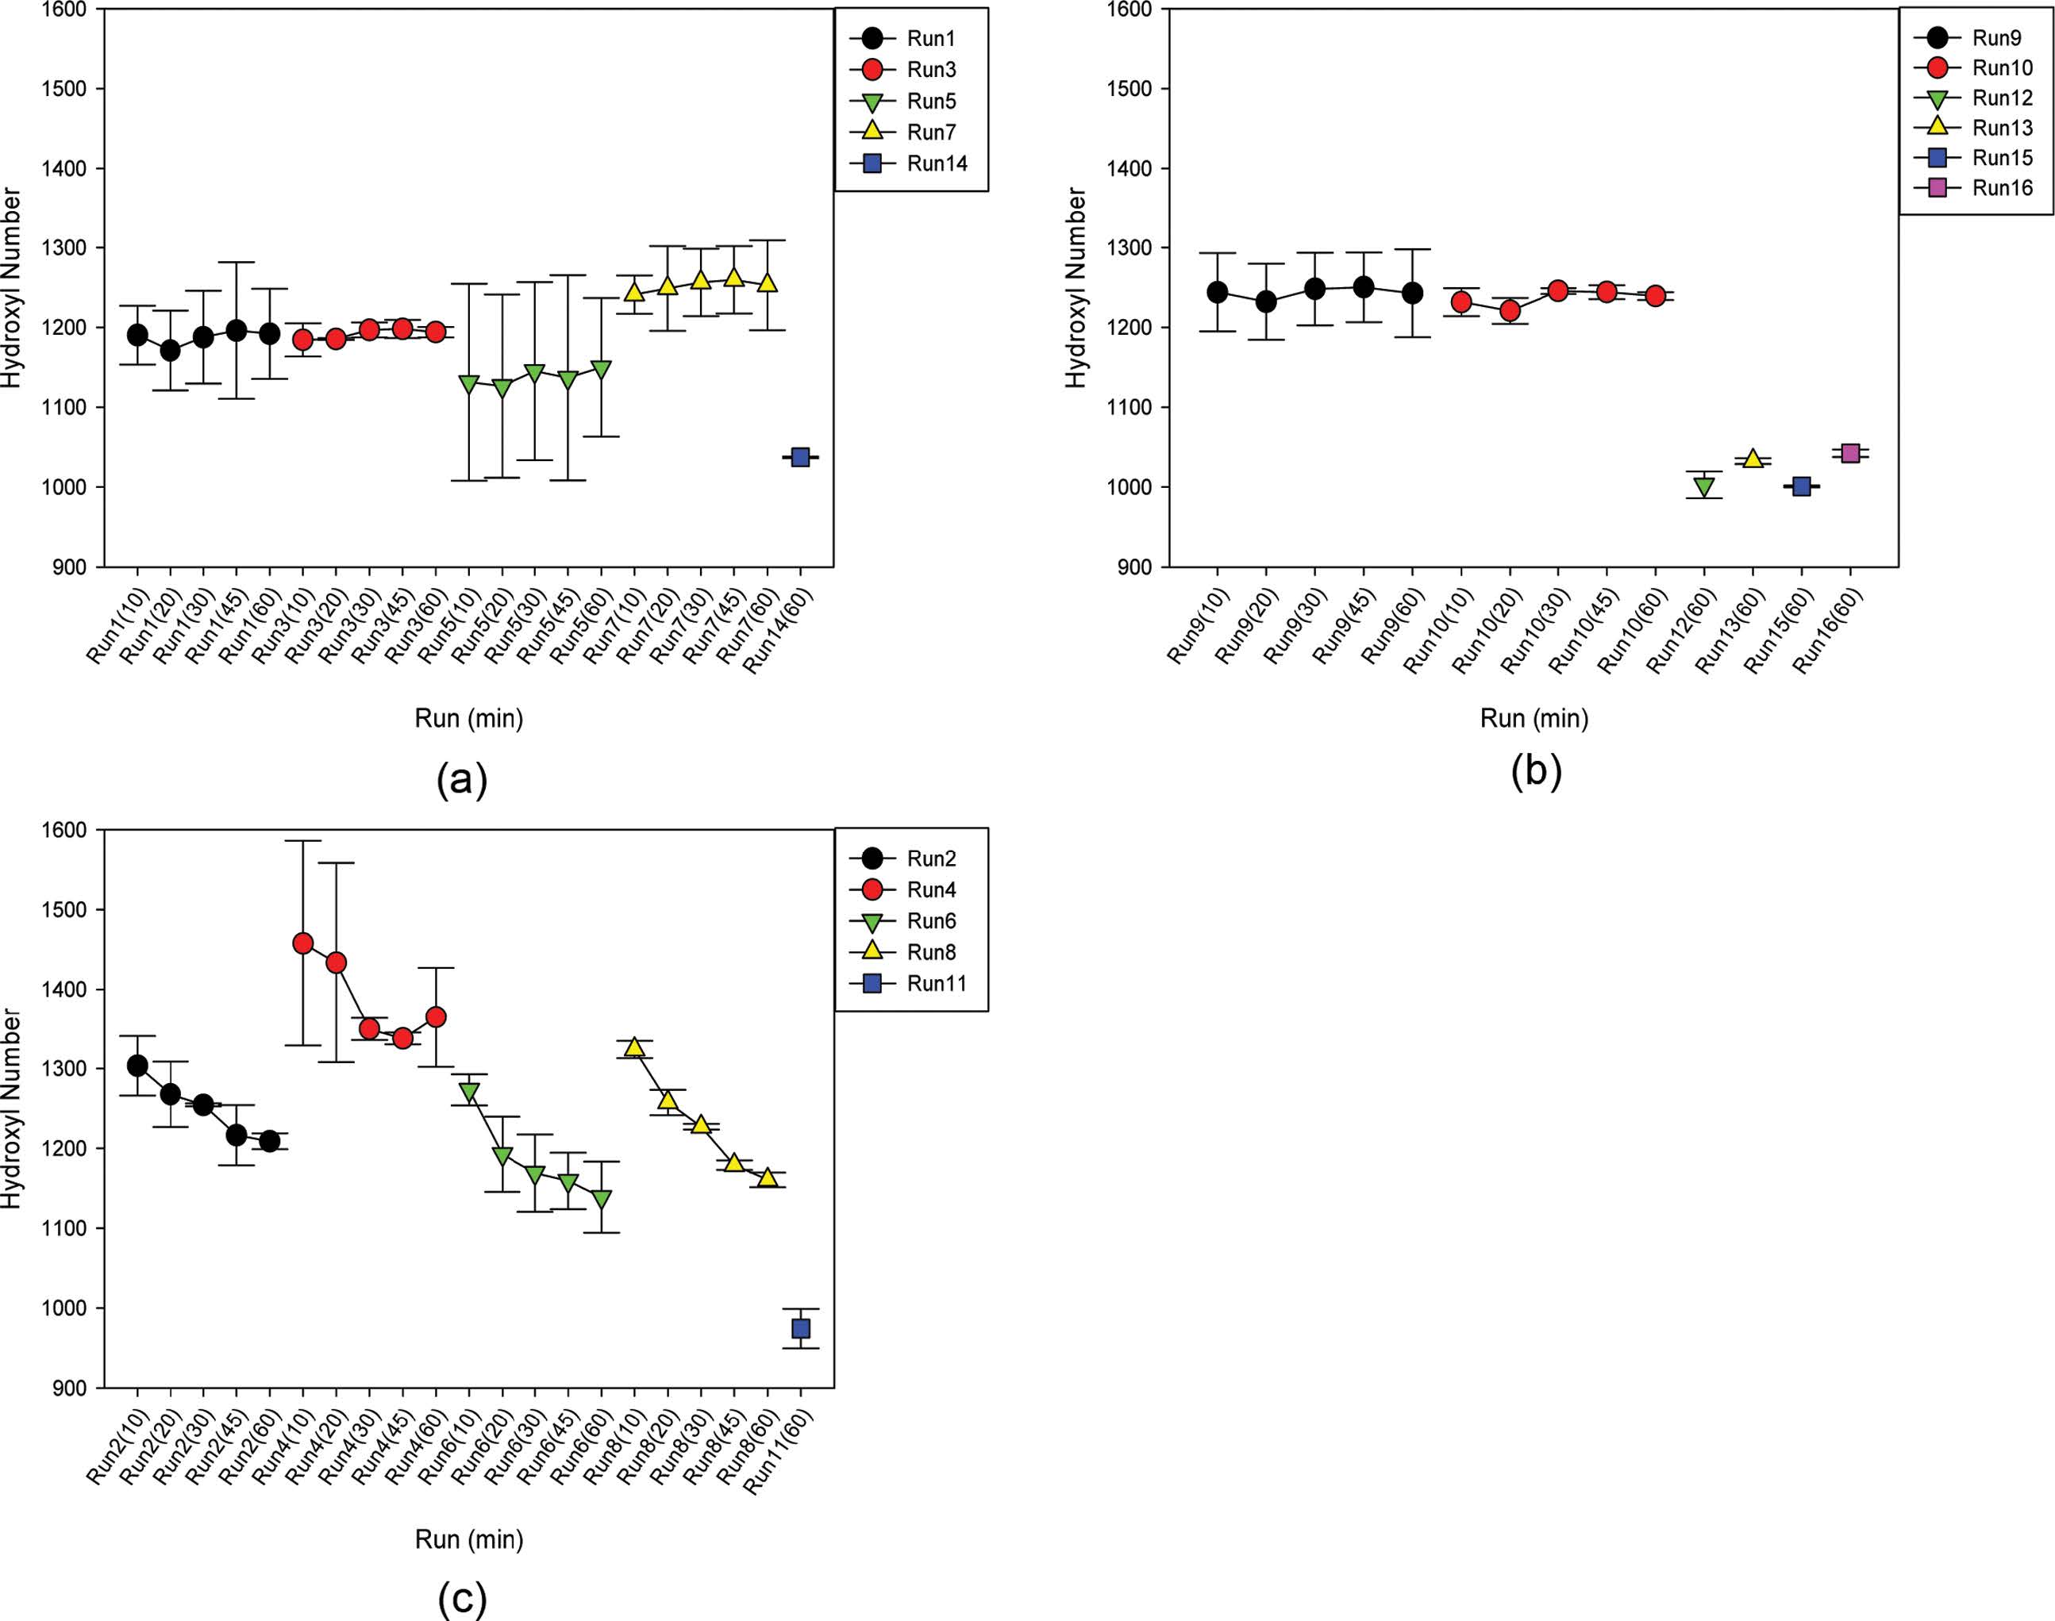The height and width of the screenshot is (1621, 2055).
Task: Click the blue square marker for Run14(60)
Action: pyautogui.click(x=800, y=458)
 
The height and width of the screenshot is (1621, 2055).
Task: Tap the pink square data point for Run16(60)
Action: pyautogui.click(x=1850, y=453)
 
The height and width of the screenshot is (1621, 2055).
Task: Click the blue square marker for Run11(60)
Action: pyautogui.click(x=800, y=1329)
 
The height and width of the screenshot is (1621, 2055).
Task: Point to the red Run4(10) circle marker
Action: pyautogui.click(x=302, y=943)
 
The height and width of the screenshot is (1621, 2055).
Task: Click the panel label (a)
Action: pyautogui.click(x=462, y=779)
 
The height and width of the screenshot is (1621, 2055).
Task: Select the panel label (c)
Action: pyautogui.click(x=462, y=1598)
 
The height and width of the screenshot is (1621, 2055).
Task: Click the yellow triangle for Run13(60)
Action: pyautogui.click(x=1753, y=459)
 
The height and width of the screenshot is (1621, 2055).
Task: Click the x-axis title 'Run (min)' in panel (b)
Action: pyautogui.click(x=1534, y=718)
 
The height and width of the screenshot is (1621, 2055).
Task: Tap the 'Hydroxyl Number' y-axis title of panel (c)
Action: pyautogui.click(x=11, y=1108)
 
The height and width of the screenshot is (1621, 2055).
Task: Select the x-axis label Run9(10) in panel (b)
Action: pyautogui.click(x=1199, y=625)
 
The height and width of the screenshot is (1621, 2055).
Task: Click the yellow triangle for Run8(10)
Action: pyautogui.click(x=634, y=1047)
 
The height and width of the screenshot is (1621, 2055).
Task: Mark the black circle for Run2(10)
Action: pyautogui.click(x=137, y=1066)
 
